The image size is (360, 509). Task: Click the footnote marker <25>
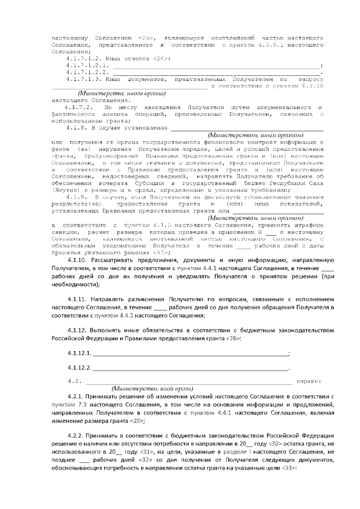(142, 35)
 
